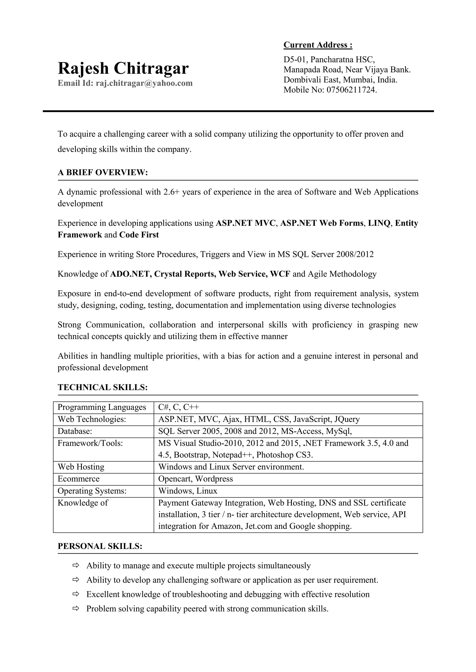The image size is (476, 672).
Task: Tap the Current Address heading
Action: pos(318,45)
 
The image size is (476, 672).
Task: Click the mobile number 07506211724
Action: pos(351,90)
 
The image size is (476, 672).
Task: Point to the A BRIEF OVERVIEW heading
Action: pos(102,172)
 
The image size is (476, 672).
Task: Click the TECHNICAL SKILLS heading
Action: pos(102,387)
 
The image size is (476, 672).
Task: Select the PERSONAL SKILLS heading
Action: pos(100,546)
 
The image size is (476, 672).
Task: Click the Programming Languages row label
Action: pos(102,407)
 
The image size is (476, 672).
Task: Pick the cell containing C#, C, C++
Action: pos(178,407)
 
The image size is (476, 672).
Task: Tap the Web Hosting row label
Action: pos(81,467)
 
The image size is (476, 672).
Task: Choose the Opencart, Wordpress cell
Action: pos(195,479)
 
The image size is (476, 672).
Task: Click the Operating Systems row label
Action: pos(92,491)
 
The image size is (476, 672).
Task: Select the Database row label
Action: pos(75,431)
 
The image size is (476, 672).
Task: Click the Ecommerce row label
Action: pos(79,479)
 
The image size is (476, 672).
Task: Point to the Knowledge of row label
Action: pos(83,503)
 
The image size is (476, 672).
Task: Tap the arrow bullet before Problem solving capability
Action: pos(76,608)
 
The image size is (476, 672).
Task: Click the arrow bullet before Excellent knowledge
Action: pos(76,594)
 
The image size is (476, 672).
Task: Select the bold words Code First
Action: pos(139,235)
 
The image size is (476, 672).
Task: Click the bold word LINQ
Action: pos(379,223)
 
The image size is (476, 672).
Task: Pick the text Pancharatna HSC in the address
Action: pos(342,60)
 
